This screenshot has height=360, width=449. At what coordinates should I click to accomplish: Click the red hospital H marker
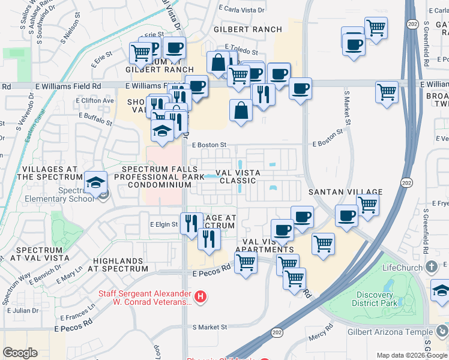click(x=201, y=296)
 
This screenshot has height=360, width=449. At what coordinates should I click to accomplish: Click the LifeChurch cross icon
click(x=431, y=266)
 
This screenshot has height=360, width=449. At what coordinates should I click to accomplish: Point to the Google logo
click(x=20, y=353)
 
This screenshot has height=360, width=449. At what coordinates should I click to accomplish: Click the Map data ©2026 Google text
click(x=412, y=355)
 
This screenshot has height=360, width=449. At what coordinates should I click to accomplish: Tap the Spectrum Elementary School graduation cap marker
click(x=95, y=182)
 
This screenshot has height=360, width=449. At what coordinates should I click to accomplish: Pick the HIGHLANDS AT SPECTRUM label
click(x=120, y=265)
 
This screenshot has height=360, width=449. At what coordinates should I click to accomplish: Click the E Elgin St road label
click(x=163, y=224)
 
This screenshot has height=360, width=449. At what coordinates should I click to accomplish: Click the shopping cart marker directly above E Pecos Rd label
click(x=246, y=262)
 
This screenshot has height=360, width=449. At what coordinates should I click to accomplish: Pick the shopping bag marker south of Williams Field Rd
click(x=241, y=110)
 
